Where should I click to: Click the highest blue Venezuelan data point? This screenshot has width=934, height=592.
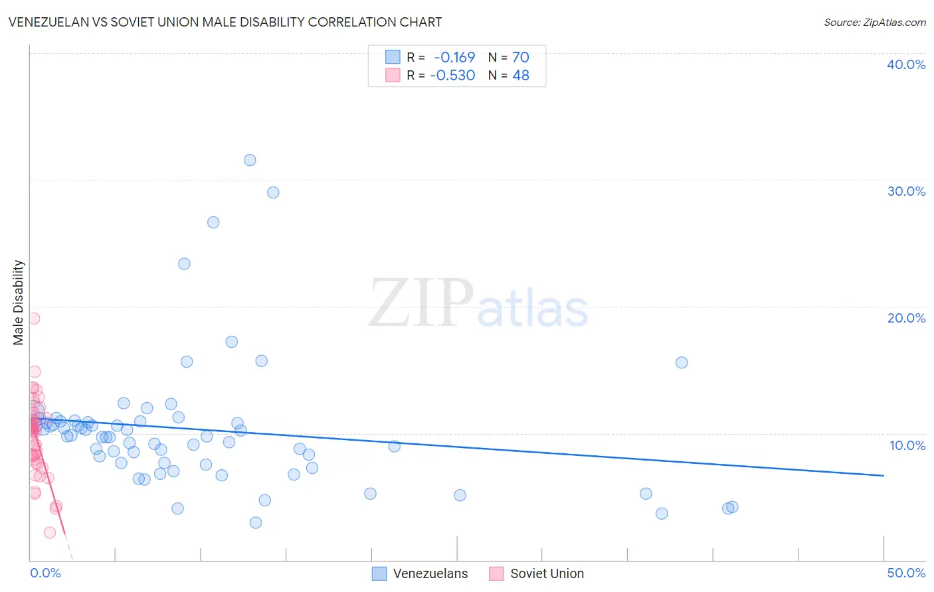[x=250, y=160]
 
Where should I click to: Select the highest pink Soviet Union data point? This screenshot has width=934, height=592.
[x=34, y=319]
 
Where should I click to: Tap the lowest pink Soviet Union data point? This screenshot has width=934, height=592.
[x=50, y=532]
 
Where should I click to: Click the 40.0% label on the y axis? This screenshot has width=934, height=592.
[x=906, y=64]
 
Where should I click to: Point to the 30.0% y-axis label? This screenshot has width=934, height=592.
[x=906, y=191]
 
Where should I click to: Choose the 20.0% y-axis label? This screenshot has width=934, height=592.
[x=906, y=318]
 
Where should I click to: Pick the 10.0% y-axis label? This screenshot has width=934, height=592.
[x=907, y=445]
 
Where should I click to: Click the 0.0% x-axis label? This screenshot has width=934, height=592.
[x=45, y=573]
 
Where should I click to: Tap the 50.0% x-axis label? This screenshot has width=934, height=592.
[x=906, y=573]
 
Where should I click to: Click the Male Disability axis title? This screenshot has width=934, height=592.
[x=19, y=303]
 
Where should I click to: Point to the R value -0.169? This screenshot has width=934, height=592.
[x=454, y=58]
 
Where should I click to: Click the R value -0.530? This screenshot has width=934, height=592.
[x=452, y=76]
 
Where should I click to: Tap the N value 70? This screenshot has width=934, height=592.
[x=521, y=58]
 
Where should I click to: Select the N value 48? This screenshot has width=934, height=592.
[x=521, y=76]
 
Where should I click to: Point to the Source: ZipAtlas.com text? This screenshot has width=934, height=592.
[x=875, y=23]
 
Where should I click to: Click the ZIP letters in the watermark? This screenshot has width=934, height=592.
[x=420, y=304]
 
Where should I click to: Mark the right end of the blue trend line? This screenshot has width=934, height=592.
[x=884, y=475]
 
